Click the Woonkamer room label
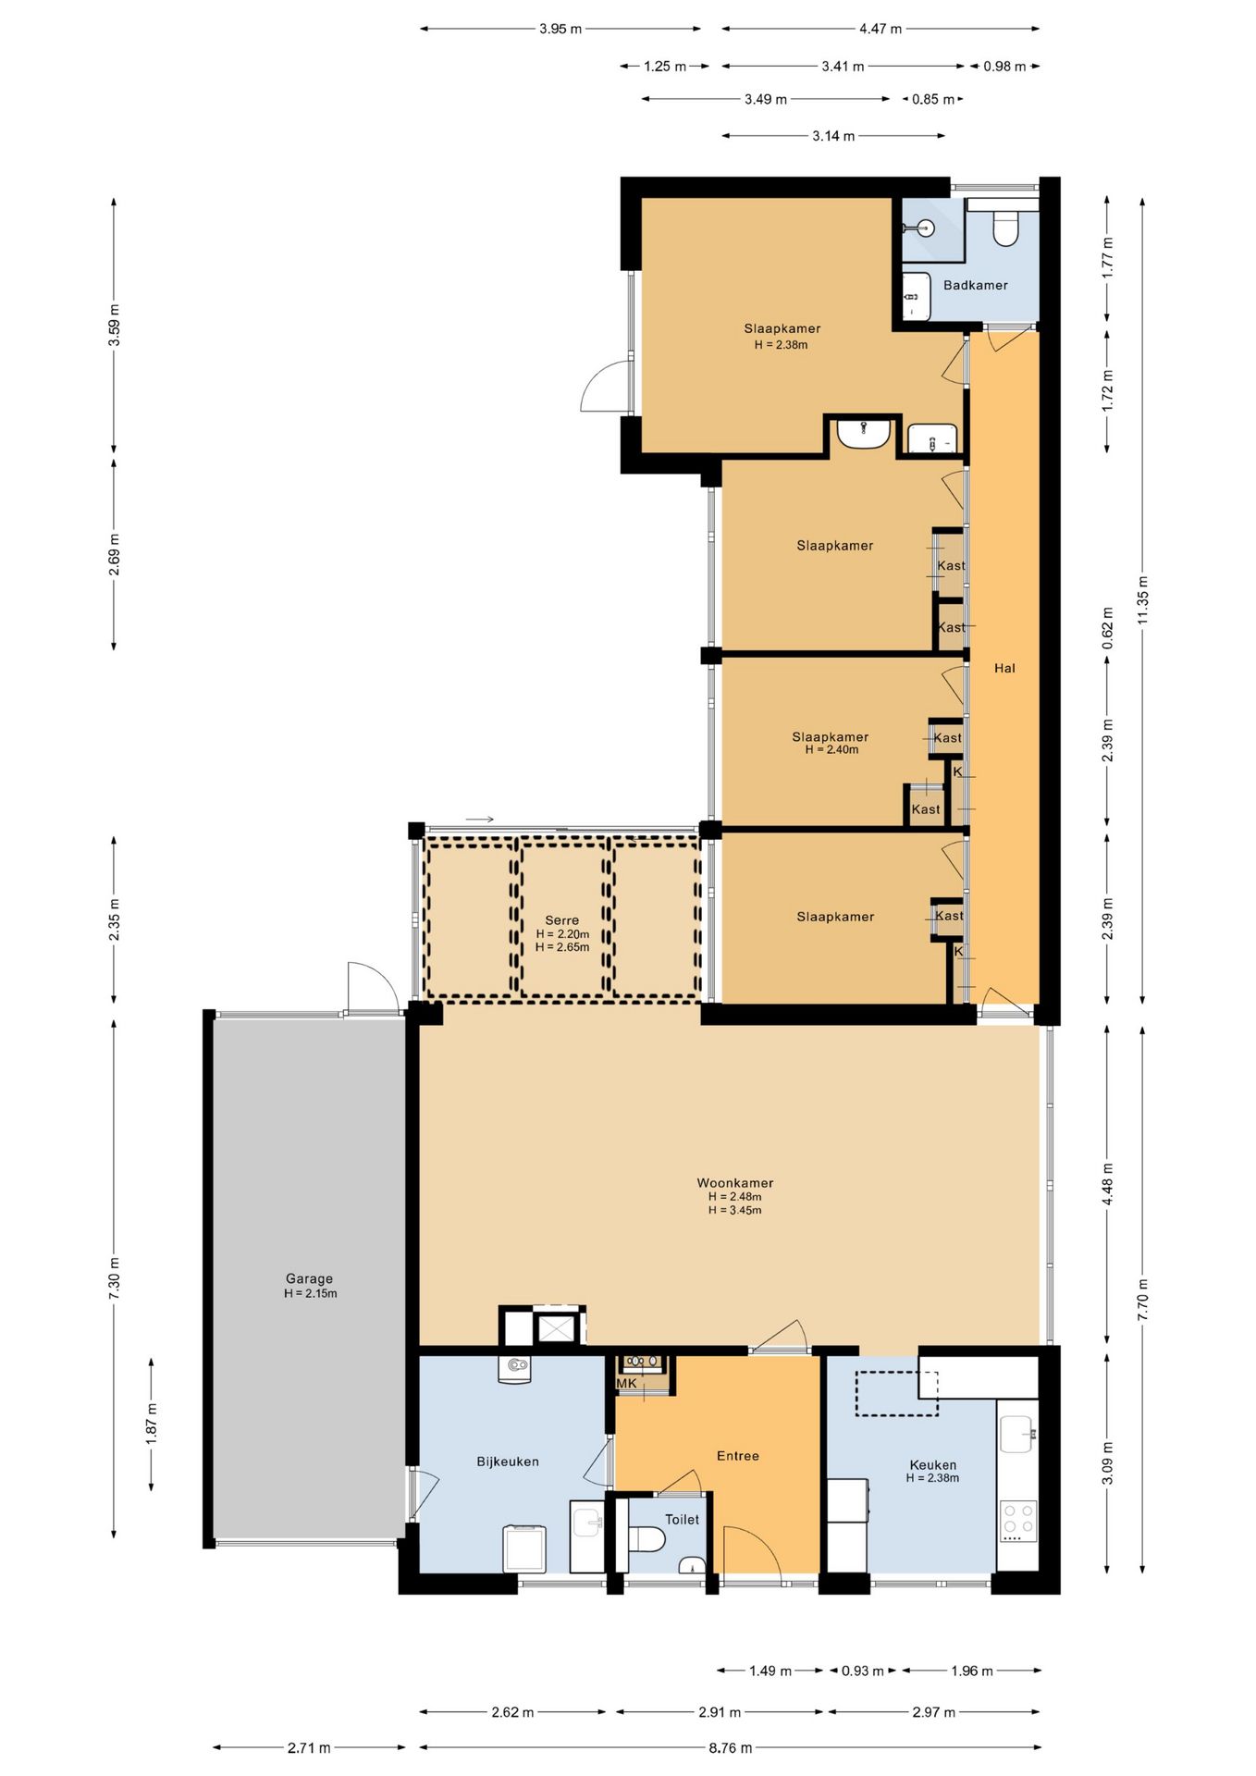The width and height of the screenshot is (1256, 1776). point(735,1182)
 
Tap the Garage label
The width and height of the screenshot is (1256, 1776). point(309,1278)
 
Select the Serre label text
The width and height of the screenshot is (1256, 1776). point(561,920)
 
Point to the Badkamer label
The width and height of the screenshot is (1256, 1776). point(976,285)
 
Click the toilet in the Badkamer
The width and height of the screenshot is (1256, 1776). point(1005,228)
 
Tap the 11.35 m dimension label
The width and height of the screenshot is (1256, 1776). point(1143,599)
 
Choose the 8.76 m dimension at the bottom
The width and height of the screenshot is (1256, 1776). point(731,1747)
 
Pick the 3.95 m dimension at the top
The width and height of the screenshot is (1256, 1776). point(560,29)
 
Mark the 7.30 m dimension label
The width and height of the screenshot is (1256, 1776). point(115,1277)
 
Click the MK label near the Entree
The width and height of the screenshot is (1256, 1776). point(626,1384)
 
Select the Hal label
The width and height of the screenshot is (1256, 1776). point(1004,668)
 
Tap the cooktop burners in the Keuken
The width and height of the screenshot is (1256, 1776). point(1018,1521)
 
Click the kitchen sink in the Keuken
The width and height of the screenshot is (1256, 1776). point(1017,1434)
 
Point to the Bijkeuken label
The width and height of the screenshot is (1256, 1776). point(508,1461)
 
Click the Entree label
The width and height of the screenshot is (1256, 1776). point(738,1456)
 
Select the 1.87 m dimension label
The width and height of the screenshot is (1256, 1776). point(152,1423)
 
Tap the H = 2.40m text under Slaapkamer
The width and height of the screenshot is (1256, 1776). point(831,749)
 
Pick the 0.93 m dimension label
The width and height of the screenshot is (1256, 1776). point(863,1671)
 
